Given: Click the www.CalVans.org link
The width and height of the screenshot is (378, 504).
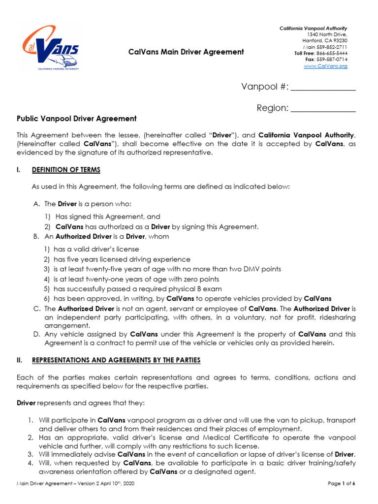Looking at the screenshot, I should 325,66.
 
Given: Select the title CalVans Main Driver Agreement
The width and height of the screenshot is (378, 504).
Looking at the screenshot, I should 186,52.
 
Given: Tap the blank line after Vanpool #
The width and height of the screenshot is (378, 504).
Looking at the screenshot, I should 323,88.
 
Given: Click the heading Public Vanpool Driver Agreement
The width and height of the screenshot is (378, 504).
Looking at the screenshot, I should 77,119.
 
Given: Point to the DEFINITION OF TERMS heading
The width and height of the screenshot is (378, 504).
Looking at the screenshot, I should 66,170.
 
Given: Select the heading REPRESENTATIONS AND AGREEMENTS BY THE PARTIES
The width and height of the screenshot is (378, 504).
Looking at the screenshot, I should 116,360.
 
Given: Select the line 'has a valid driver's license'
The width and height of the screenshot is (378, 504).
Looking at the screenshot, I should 96,250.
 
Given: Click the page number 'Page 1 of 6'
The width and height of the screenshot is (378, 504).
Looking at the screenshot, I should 341,484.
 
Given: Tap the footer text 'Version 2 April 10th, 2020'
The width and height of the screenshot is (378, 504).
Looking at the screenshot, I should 101,484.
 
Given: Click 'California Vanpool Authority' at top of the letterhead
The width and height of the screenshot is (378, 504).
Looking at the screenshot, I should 314,29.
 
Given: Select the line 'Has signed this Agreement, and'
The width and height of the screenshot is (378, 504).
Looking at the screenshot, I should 107,217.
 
